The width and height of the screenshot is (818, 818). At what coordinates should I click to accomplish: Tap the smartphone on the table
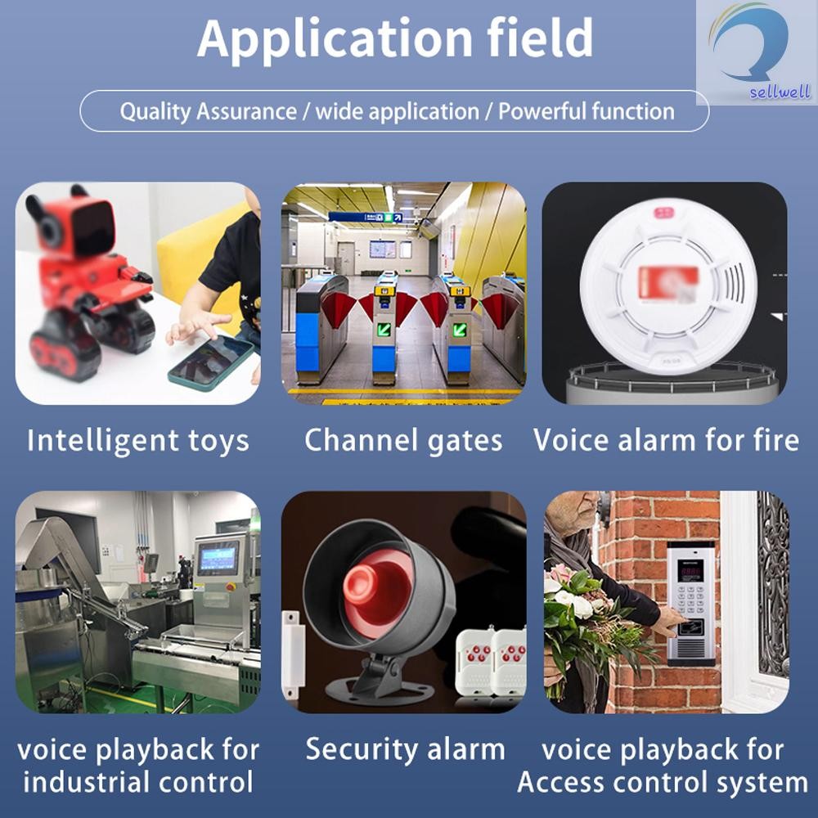tap(210, 361)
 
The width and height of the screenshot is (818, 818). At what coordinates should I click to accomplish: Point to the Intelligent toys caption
tap(137, 441)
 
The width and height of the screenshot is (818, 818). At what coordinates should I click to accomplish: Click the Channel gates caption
tap(403, 441)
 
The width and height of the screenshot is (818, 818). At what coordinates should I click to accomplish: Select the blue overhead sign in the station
tap(365, 217)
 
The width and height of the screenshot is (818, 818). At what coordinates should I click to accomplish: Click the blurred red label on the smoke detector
tap(666, 282)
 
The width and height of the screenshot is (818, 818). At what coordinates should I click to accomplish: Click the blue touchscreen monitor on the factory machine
tap(218, 558)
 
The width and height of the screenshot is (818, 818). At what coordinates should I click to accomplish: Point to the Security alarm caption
tap(405, 749)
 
